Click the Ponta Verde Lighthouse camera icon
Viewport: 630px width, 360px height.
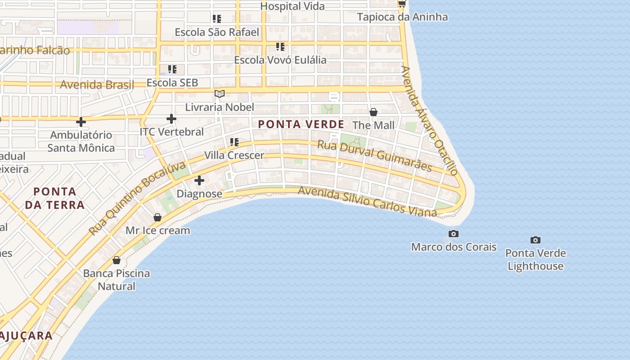click(x=535, y=240)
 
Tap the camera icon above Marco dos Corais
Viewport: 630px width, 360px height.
click(x=454, y=234)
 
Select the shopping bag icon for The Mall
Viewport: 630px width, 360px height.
click(x=373, y=112)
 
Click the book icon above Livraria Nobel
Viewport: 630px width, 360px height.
click(x=220, y=94)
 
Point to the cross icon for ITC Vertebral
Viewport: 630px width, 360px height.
click(x=171, y=119)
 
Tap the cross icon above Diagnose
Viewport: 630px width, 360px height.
click(x=199, y=181)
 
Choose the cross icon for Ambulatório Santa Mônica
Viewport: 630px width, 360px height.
click(x=81, y=121)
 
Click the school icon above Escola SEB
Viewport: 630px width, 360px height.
click(x=172, y=69)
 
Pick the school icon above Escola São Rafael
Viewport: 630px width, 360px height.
click(x=217, y=19)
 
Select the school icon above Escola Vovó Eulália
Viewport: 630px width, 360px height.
click(x=280, y=47)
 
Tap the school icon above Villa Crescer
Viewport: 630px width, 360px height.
click(x=234, y=142)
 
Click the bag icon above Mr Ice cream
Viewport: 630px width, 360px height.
click(x=157, y=217)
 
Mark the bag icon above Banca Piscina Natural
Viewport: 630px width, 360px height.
click(x=117, y=260)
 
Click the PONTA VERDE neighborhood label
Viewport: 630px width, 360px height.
click(x=301, y=124)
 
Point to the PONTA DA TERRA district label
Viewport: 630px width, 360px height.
click(x=55, y=198)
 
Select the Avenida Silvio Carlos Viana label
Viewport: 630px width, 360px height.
click(x=367, y=202)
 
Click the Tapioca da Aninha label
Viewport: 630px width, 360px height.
click(x=402, y=17)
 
